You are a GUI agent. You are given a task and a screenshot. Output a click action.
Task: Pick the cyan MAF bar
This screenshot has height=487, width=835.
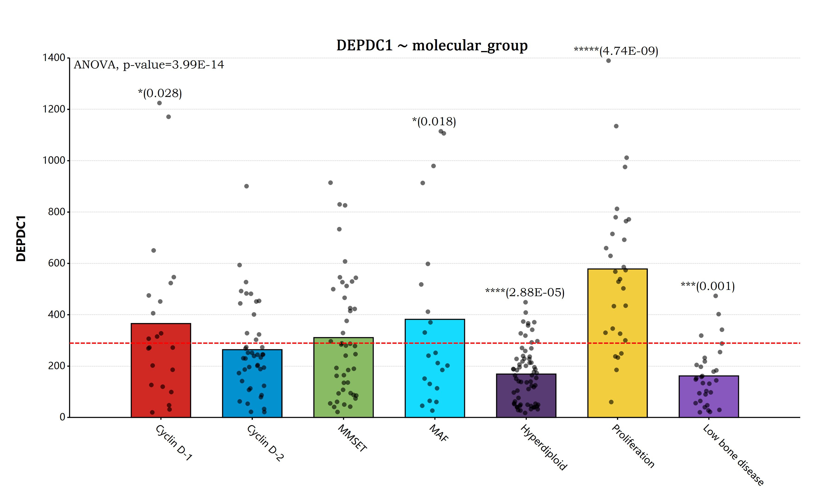coord(435,368)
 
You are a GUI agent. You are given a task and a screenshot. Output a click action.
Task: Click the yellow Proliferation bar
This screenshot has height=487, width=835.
coord(617,343)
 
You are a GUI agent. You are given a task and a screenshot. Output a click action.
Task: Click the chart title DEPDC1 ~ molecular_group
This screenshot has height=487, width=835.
coord(432,45)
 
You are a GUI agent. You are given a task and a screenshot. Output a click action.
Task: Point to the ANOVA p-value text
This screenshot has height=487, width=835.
coord(149,65)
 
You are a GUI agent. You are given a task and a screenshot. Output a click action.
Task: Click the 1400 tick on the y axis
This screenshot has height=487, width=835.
coord(54,58)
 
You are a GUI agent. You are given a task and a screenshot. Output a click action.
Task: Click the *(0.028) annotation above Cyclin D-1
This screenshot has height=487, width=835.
coord(160,93)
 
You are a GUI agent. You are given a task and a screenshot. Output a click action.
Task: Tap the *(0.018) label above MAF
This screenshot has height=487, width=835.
coord(434,122)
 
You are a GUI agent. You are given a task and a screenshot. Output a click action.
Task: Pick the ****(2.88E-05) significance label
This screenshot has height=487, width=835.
coord(525,292)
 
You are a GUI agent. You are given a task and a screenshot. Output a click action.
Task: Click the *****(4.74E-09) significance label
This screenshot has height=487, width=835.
coord(616,51)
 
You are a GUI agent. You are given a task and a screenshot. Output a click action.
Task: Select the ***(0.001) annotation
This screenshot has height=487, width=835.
coord(708,286)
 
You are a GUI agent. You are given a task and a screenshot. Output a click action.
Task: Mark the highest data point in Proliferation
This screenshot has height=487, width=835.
coord(608,61)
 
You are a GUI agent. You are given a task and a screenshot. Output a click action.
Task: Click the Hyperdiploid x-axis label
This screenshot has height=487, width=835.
coord(543,447)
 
